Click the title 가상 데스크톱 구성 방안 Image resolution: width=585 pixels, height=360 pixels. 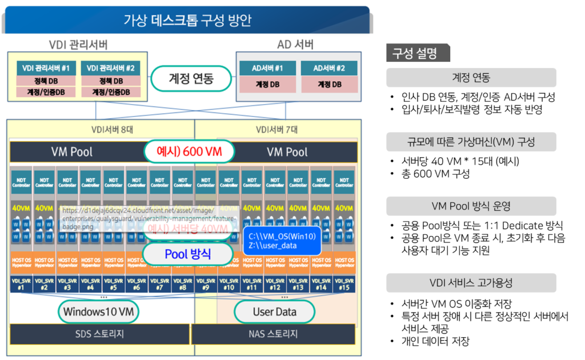coord(187,21)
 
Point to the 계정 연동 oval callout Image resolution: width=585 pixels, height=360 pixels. coord(191,78)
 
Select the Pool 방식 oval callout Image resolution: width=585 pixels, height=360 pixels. coord(187,254)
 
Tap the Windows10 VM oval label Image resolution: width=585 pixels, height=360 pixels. coord(99,311)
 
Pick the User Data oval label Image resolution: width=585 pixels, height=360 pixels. coord(274,311)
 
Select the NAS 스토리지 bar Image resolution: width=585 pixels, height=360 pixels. coord(275,334)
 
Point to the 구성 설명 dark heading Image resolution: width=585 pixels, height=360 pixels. coord(418,54)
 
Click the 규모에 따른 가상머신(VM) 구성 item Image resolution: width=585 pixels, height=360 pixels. coord(471,142)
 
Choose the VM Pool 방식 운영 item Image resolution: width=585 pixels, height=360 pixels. coord(471,206)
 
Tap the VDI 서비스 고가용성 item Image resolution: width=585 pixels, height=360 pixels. coord(471,283)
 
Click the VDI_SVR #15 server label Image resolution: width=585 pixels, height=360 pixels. coord(344,284)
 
